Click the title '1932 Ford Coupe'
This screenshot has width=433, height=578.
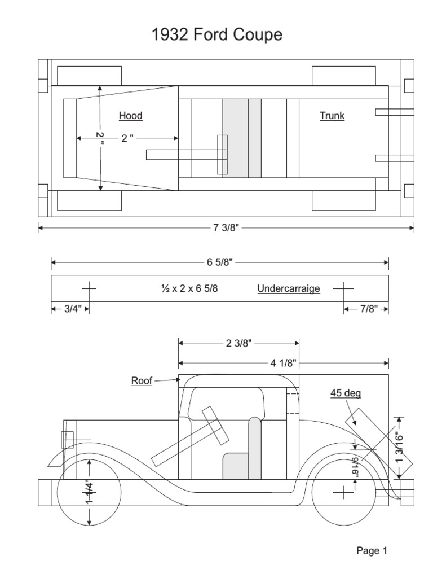(x=216, y=36)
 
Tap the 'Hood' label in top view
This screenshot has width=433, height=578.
(x=130, y=116)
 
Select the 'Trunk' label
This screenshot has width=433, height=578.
(x=332, y=116)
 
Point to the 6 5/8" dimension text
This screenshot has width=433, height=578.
(x=220, y=262)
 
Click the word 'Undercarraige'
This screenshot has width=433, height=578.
(x=289, y=288)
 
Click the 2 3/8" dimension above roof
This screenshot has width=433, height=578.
(x=238, y=342)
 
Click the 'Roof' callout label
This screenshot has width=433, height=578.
(x=142, y=380)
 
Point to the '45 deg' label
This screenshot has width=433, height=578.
(x=346, y=393)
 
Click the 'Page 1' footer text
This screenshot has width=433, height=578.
(x=371, y=551)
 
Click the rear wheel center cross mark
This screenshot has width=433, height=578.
(x=343, y=493)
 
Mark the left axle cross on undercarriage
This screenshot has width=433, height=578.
(x=89, y=288)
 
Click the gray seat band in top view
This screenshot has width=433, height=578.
(x=242, y=138)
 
